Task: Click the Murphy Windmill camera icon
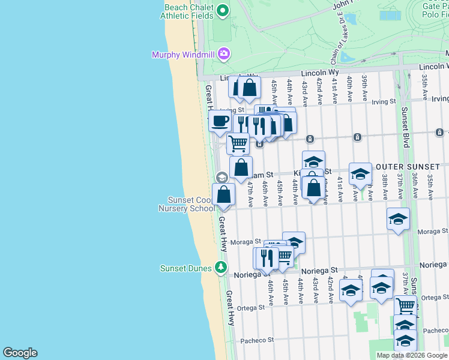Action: click(x=224, y=55)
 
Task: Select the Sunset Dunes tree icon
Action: click(x=221, y=268)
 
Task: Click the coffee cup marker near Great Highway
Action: click(x=220, y=121)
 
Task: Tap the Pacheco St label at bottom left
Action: click(x=257, y=340)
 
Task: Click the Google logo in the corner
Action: click(x=20, y=352)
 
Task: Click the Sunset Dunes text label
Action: click(x=187, y=268)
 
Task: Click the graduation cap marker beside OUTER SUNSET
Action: click(x=360, y=174)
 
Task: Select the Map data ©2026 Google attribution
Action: click(x=411, y=355)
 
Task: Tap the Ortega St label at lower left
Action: click(x=251, y=307)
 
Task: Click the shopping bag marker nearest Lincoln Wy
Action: click(x=249, y=88)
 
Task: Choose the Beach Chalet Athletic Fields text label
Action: click(x=187, y=11)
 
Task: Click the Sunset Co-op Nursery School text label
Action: click(x=185, y=204)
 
